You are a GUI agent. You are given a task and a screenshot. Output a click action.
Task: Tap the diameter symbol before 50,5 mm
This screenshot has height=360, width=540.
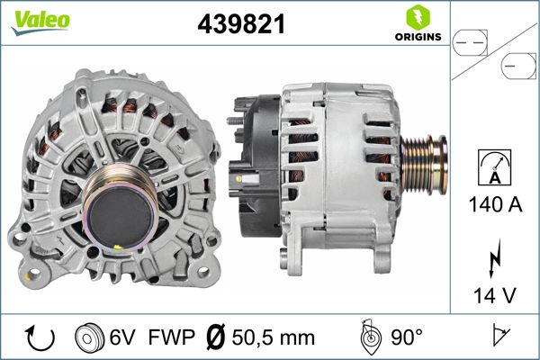pyautogui.click(x=216, y=337)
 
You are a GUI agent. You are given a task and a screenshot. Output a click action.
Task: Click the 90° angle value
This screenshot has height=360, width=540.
pyautogui.click(x=408, y=337)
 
